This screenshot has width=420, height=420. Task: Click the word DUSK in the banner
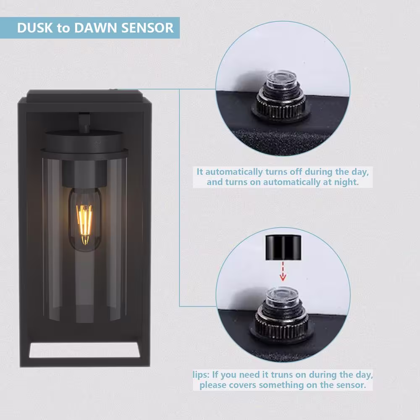(x=35, y=28)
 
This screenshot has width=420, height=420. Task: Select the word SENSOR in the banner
(x=147, y=28)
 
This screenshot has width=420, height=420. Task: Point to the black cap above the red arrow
(x=283, y=247)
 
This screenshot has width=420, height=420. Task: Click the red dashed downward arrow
(x=283, y=271)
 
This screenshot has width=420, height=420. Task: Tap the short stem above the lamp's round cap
(x=84, y=123)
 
